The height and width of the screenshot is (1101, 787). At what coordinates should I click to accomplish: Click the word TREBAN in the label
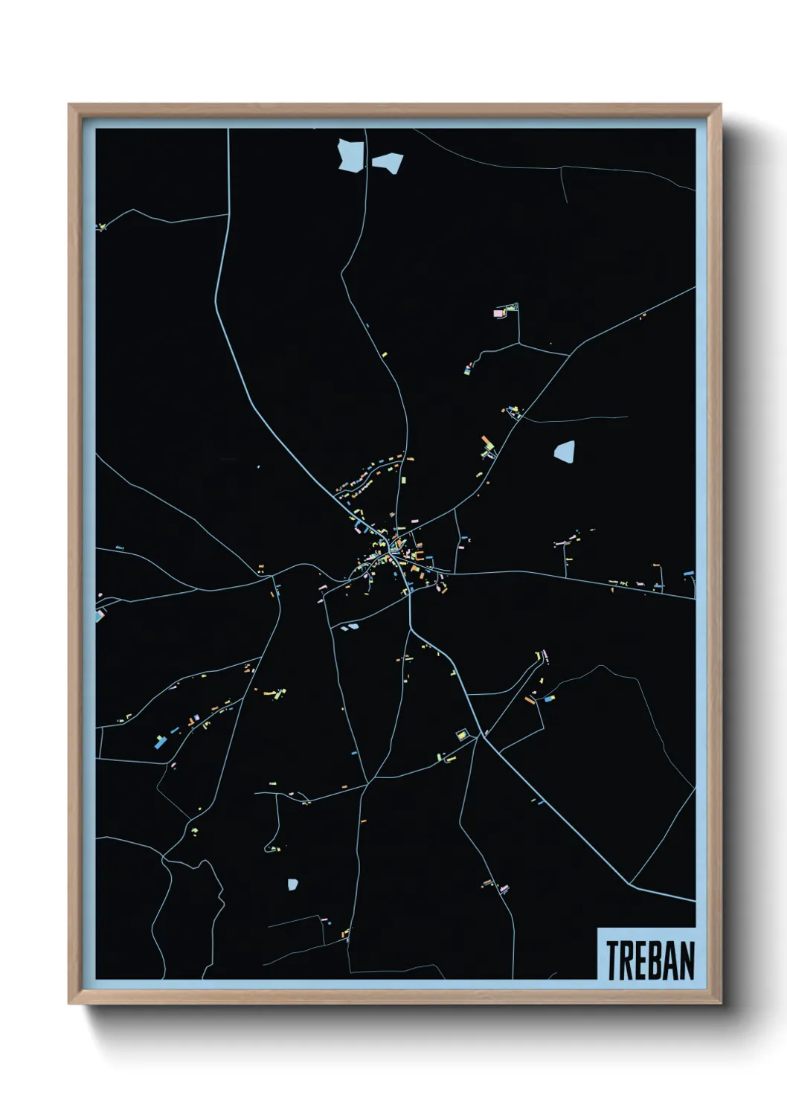point(649,960)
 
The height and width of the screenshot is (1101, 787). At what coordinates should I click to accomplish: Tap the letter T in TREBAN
point(613,960)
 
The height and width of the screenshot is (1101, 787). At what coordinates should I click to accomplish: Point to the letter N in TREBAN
point(687,960)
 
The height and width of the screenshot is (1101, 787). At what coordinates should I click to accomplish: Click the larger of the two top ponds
point(351,155)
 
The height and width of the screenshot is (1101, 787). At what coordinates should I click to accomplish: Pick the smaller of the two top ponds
point(388,162)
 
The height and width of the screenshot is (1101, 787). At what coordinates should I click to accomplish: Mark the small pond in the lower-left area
point(292,884)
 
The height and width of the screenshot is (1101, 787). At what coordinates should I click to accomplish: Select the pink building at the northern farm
point(498,313)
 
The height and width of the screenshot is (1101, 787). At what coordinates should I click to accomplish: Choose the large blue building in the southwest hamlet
point(160,742)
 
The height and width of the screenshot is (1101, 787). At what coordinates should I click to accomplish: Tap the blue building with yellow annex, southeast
point(549,699)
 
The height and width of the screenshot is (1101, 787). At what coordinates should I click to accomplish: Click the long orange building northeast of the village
point(488,443)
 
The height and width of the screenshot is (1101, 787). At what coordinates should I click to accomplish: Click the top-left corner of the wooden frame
point(70,106)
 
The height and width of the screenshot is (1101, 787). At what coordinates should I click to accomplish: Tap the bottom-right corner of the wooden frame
point(720,1003)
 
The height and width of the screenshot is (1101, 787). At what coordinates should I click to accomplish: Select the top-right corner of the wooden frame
point(720,106)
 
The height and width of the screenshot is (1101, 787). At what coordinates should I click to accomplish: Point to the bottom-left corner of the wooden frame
point(70,1003)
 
